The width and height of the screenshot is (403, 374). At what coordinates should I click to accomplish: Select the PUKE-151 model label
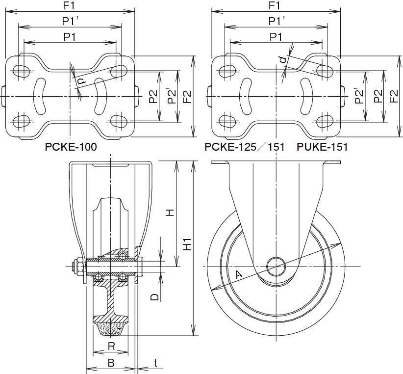click(322, 147)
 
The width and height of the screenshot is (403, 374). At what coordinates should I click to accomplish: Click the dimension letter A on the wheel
click(239, 275)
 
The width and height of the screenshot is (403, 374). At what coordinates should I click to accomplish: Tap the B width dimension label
click(111, 364)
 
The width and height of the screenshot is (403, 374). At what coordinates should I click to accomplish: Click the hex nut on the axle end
click(77, 267)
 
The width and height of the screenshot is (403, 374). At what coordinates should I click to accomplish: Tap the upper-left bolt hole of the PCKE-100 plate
click(21, 71)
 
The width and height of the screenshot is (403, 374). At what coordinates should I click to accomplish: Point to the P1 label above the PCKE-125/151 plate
click(276, 37)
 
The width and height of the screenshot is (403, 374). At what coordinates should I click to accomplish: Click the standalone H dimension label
click(169, 212)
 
